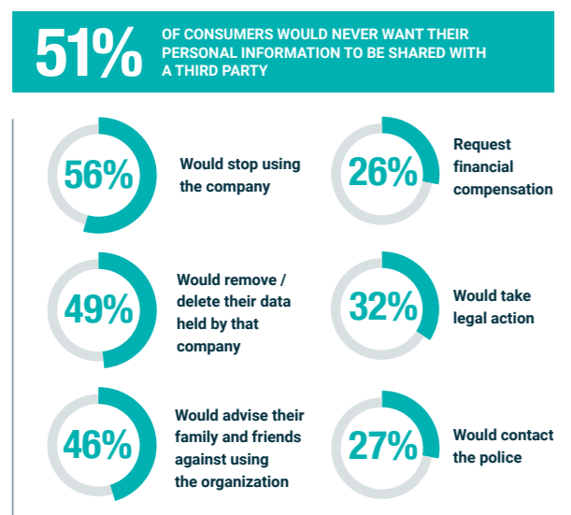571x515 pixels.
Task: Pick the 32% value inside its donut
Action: pyautogui.click(x=383, y=308)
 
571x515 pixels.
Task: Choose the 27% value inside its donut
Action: pyautogui.click(x=383, y=446)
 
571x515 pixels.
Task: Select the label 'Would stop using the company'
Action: pyautogui.click(x=240, y=175)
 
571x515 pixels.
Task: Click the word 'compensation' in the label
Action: pyautogui.click(x=503, y=189)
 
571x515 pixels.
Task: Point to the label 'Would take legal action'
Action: pyautogui.click(x=493, y=307)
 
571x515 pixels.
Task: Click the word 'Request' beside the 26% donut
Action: pyautogui.click(x=482, y=145)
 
